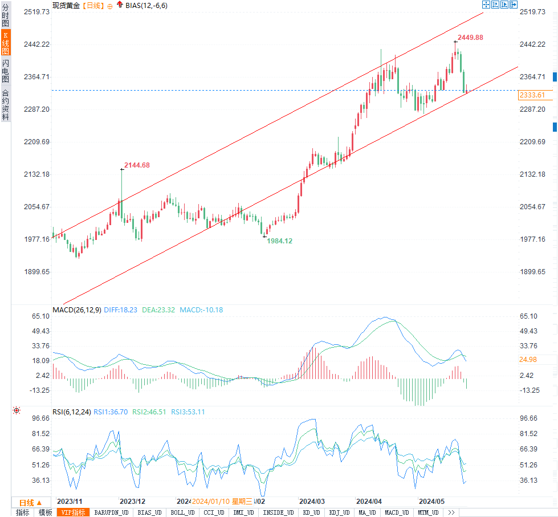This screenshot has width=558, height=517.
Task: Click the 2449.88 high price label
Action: pyautogui.click(x=471, y=38)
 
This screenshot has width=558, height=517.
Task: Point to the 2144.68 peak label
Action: pyautogui.click(x=137, y=165)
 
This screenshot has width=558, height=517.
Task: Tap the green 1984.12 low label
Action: pyautogui.click(x=280, y=241)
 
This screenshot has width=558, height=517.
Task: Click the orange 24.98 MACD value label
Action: pyautogui.click(x=528, y=360)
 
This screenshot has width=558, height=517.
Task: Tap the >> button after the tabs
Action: pyautogui.click(x=451, y=512)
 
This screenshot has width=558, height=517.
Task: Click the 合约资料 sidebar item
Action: pyautogui.click(x=5, y=105)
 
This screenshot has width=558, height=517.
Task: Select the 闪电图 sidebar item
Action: pyautogui.click(x=5, y=71)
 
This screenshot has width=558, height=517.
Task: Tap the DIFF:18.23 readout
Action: pyautogui.click(x=120, y=310)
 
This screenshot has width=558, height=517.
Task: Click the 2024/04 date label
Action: pyautogui.click(x=369, y=502)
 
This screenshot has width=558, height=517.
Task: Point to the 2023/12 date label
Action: pyautogui.click(x=133, y=502)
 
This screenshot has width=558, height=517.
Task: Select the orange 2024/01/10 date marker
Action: pyautogui.click(x=210, y=502)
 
